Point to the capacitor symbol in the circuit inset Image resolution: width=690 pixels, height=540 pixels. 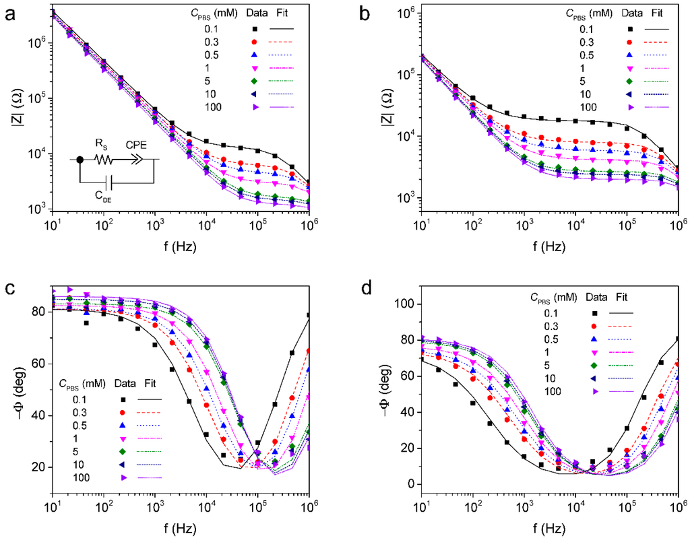pos(111,182)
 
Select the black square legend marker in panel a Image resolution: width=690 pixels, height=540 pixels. pos(255,28)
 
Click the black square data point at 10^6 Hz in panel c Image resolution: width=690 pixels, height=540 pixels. pos(309,315)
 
